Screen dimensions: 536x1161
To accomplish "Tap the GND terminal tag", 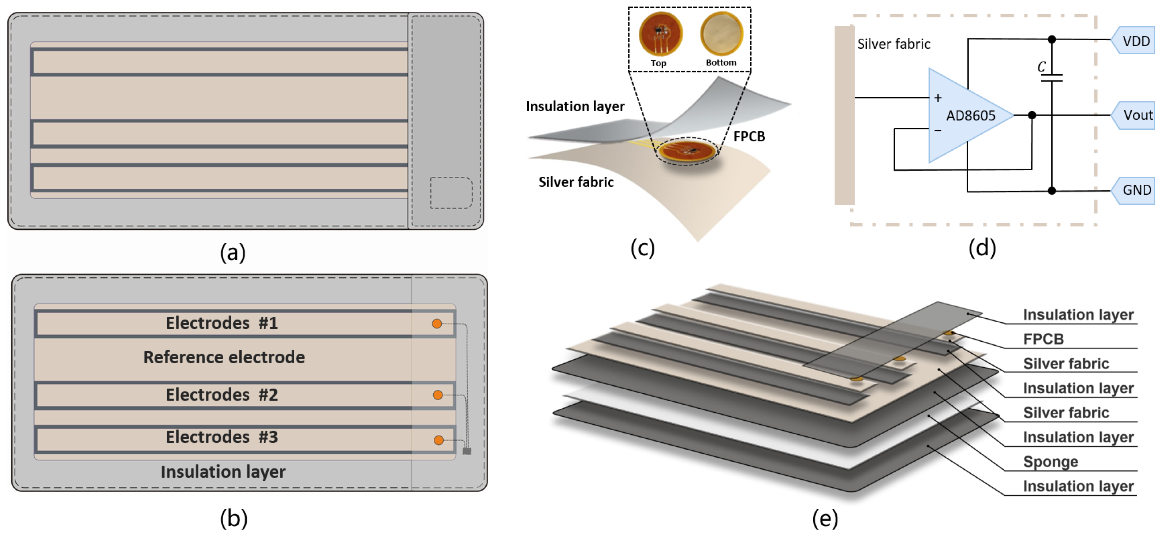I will (1135, 190).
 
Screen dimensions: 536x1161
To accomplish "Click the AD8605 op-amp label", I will (970, 116).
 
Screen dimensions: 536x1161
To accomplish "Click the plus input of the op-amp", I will (938, 98).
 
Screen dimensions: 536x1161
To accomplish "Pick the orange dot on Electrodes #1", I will (437, 324).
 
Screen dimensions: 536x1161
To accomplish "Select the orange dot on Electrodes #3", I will (438, 440).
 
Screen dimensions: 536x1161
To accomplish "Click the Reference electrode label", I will (224, 357).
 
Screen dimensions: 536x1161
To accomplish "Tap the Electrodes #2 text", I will (222, 394).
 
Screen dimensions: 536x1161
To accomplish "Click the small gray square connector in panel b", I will (467, 451).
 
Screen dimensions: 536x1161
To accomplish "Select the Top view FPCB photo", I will (661, 34).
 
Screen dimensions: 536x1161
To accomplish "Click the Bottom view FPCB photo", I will (721, 33).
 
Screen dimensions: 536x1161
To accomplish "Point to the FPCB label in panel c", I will (749, 136).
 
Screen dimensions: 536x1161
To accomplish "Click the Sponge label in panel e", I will (1050, 462).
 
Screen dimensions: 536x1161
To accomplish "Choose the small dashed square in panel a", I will (451, 193).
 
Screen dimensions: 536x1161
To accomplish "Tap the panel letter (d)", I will (982, 248).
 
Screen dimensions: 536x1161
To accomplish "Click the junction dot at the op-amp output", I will (1032, 115).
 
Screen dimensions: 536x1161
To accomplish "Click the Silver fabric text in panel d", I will (893, 44).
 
